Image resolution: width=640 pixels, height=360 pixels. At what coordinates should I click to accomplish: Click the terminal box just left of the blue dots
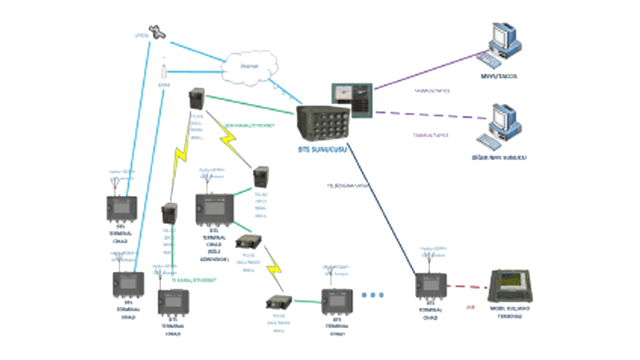(x=335, y=299)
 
